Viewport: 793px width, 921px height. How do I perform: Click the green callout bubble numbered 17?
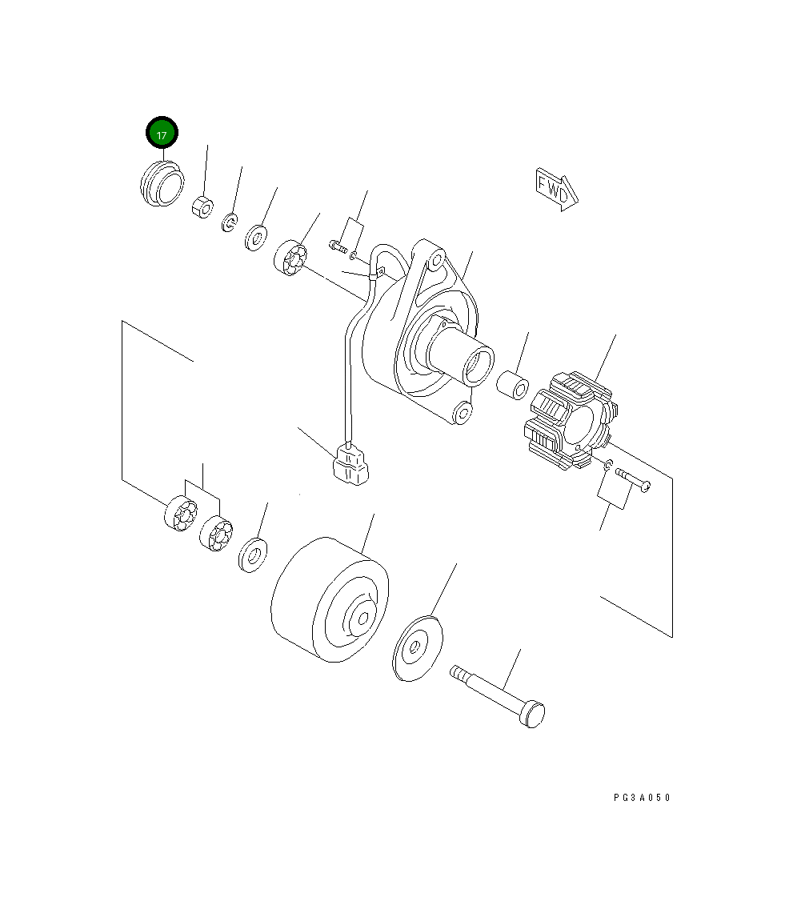[162, 134]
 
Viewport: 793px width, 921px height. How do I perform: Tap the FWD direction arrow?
[556, 189]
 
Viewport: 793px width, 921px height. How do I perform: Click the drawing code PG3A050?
[642, 797]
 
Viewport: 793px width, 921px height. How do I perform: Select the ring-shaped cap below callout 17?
[162, 183]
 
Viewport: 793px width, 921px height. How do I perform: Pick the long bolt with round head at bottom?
[498, 696]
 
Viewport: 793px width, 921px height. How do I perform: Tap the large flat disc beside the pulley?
[417, 648]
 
